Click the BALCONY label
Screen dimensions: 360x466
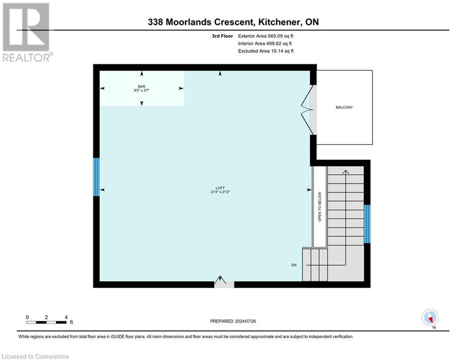coord(344,107)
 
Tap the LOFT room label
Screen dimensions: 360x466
coord(214,188)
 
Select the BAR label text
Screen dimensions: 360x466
coord(141,87)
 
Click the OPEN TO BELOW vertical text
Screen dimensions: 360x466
coord(320,207)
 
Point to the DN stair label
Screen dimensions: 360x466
coord(294,265)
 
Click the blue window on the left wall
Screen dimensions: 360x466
coord(96,177)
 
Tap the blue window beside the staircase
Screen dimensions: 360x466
coord(367,224)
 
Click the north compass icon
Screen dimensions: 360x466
coord(429,318)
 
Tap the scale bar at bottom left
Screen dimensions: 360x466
coord(46,322)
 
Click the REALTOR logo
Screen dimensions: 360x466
coord(26,32)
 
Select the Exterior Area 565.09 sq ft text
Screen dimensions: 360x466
coord(266,36)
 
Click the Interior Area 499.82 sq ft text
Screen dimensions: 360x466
coord(266,43)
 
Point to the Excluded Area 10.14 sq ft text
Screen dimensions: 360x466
coord(266,51)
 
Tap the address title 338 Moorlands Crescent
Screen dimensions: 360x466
coord(233,22)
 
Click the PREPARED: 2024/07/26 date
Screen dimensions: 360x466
coord(233,321)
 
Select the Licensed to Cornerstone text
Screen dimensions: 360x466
coord(35,357)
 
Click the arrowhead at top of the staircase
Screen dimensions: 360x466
coord(346,172)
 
